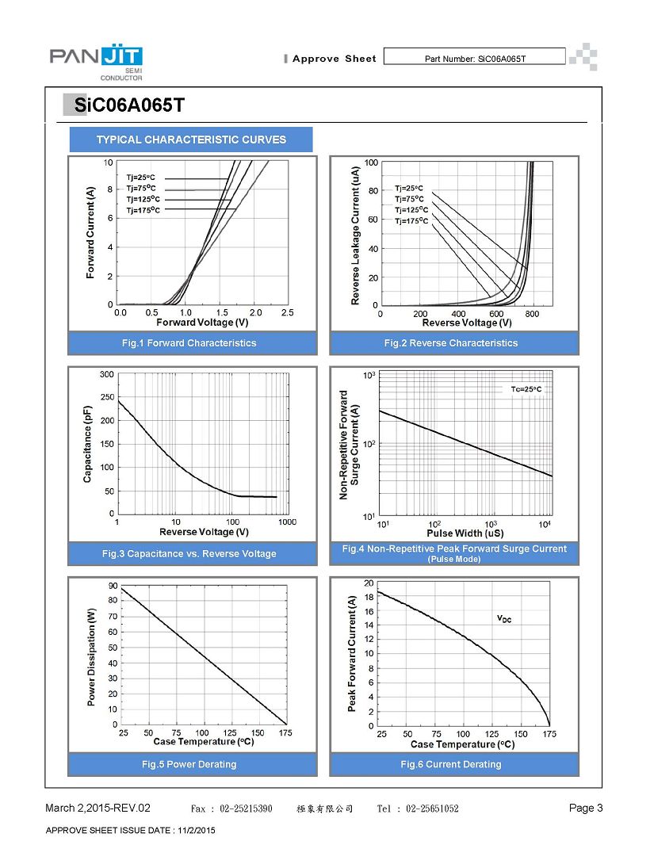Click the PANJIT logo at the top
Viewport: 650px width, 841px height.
pos(96,62)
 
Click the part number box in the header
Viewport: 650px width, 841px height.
pos(475,56)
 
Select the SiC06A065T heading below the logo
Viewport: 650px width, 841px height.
pos(129,105)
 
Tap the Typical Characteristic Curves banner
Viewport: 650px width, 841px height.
pos(191,140)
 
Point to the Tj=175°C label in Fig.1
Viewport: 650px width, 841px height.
pos(143,210)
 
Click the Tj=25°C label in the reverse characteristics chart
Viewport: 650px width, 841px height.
pos(409,189)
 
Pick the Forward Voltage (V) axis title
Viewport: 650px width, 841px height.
pos(202,323)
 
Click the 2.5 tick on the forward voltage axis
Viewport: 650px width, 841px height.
pos(288,312)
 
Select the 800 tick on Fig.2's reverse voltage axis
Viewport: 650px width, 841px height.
pos(532,314)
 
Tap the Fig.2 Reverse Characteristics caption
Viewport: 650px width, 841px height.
pos(451,342)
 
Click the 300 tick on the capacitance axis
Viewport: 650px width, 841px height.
pos(107,374)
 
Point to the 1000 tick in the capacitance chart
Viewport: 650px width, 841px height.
pos(288,522)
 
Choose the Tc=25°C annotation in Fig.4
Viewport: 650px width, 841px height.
pos(526,389)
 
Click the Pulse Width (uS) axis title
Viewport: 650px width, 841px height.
pos(465,533)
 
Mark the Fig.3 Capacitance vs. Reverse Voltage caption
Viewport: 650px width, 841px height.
pos(189,553)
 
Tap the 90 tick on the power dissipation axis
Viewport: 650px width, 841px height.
pos(113,586)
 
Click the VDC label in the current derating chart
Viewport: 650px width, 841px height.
pos(504,619)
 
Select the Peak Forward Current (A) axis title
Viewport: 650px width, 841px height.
pos(352,654)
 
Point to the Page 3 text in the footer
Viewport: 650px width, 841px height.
pos(586,808)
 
